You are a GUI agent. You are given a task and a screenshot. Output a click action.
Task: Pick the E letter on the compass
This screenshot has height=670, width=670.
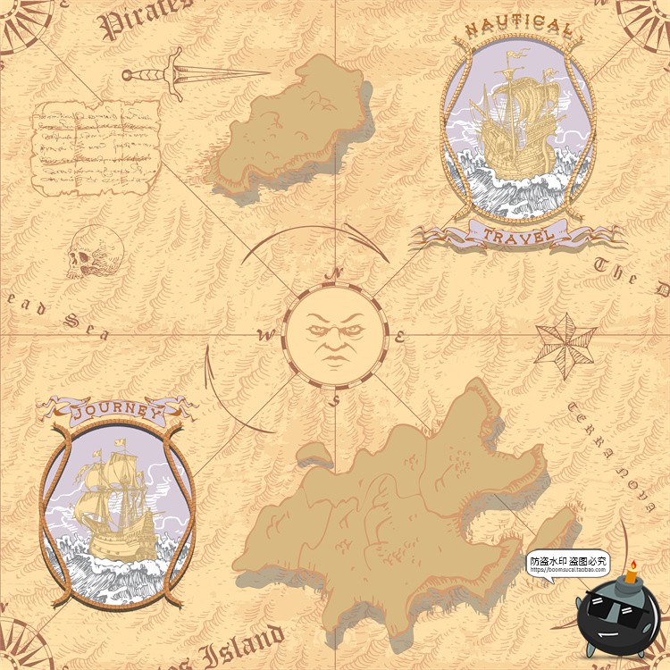[401, 337]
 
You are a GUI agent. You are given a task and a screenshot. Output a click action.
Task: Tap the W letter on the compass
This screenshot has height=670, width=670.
[264, 336]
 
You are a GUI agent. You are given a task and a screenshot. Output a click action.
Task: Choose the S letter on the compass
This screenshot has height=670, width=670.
[334, 400]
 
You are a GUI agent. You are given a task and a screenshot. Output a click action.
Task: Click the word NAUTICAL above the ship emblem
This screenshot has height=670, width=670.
[518, 29]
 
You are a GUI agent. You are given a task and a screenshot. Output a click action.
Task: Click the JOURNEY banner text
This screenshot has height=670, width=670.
[116, 413]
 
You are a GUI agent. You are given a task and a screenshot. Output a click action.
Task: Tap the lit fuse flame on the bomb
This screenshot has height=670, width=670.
[632, 566]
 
